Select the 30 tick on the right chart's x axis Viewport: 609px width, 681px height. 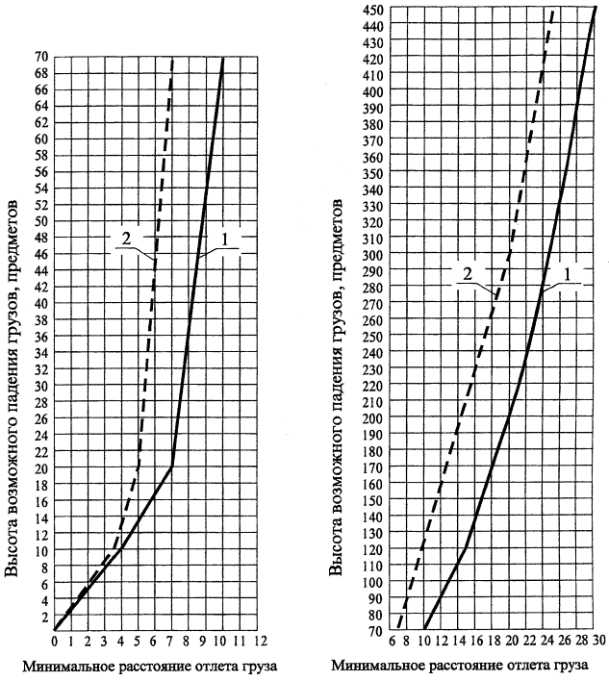597,640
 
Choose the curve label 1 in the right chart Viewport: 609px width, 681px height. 567,274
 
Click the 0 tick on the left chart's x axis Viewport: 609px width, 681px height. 55,640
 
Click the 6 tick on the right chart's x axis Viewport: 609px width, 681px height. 393,640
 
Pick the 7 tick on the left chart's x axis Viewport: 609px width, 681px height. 171,640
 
